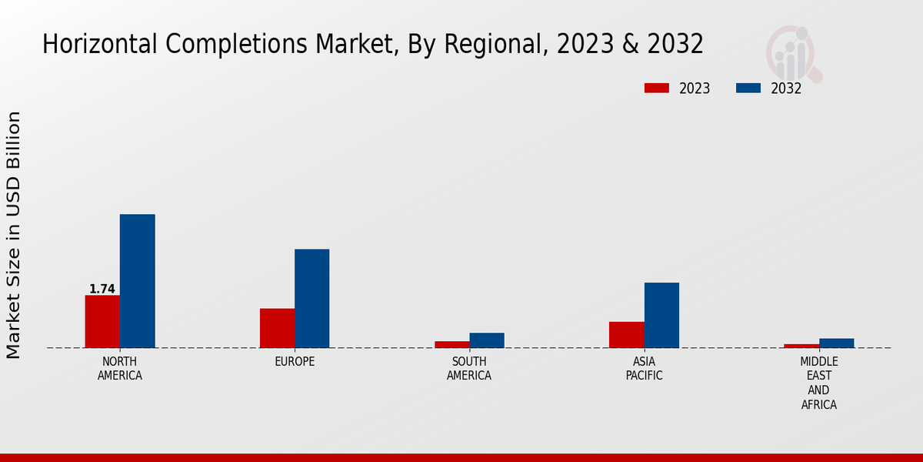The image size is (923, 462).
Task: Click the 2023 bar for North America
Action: [x=102, y=321]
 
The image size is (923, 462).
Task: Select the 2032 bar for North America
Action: [x=137, y=281]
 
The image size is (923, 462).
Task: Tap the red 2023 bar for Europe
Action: [x=277, y=328]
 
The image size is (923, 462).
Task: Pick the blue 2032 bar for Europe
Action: [x=312, y=298]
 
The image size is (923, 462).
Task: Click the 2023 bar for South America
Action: [x=452, y=344]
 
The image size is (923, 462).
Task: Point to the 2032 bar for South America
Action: [x=487, y=340]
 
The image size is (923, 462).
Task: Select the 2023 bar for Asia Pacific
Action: [x=626, y=334]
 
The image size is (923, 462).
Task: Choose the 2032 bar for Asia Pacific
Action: [x=661, y=315]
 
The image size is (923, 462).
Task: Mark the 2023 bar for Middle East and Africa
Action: [x=801, y=346]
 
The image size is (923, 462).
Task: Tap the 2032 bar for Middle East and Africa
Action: [x=836, y=343]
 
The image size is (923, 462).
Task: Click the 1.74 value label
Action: [x=102, y=290]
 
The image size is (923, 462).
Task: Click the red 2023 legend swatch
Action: [x=657, y=88]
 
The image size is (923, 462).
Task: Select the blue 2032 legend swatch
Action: [x=748, y=88]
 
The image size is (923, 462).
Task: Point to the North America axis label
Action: [x=120, y=369]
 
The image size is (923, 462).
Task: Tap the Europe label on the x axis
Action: [x=295, y=362]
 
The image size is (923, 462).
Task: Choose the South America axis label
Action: [x=469, y=369]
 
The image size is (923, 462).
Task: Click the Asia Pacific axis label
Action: [x=644, y=369]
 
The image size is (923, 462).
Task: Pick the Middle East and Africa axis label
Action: [x=818, y=383]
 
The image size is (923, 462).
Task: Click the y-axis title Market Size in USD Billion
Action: [x=14, y=235]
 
